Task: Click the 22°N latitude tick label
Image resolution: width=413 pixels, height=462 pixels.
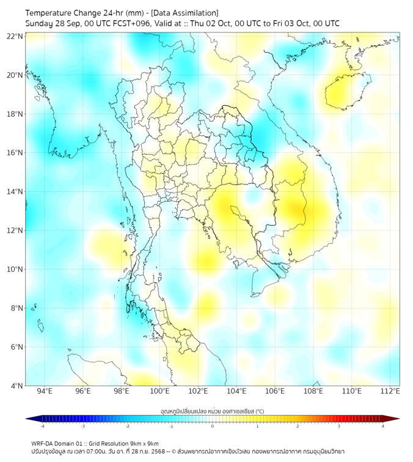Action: pyautogui.click(x=15, y=36)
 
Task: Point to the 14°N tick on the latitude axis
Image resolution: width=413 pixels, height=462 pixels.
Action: pyautogui.click(x=15, y=191)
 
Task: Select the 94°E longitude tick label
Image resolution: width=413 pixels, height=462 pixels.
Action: pyautogui.click(x=45, y=391)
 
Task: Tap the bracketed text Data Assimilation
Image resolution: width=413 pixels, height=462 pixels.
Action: pyautogui.click(x=186, y=12)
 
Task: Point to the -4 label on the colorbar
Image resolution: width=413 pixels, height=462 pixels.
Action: pyautogui.click(x=42, y=426)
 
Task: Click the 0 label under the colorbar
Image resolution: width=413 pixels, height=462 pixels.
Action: pyautogui.click(x=213, y=426)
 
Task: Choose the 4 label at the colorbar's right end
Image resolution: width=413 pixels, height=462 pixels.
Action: pyautogui.click(x=382, y=426)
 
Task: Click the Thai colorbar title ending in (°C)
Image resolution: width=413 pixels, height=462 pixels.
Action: pyautogui.click(x=212, y=411)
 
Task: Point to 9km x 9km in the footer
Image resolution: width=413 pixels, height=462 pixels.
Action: pyautogui.click(x=144, y=443)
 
